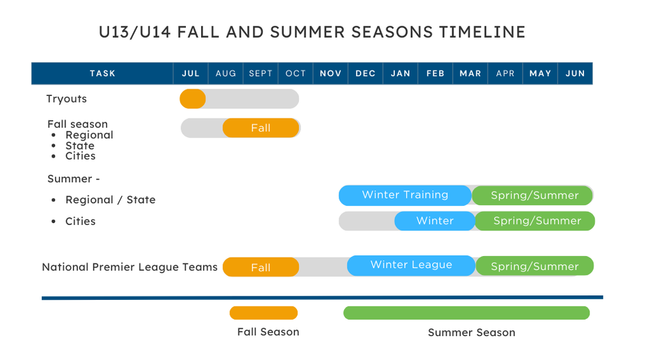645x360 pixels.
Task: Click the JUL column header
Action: pyautogui.click(x=191, y=73)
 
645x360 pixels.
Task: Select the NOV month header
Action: pyautogui.click(x=330, y=73)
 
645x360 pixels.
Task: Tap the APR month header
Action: pyautogui.click(x=505, y=73)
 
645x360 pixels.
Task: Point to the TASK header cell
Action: pyautogui.click(x=103, y=73)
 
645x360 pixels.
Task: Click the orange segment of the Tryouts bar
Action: pyautogui.click(x=193, y=99)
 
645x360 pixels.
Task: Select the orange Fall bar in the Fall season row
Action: pyautogui.click(x=261, y=128)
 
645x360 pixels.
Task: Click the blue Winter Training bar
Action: pyautogui.click(x=405, y=195)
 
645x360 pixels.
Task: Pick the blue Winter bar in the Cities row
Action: pyautogui.click(x=435, y=221)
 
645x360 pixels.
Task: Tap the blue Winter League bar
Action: pyautogui.click(x=411, y=265)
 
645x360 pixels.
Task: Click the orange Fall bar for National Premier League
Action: pyautogui.click(x=261, y=267)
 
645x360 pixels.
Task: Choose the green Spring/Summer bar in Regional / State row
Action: pyautogui.click(x=533, y=195)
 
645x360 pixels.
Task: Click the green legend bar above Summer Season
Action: pyautogui.click(x=466, y=313)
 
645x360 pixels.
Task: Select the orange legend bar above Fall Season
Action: pyautogui.click(x=264, y=313)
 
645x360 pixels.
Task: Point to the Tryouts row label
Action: pyautogui.click(x=67, y=99)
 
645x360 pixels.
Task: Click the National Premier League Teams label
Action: pyautogui.click(x=130, y=267)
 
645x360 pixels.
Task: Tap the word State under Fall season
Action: pyautogui.click(x=80, y=146)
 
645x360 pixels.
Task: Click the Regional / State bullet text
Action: pyautogui.click(x=110, y=200)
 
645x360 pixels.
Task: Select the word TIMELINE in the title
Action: pyautogui.click(x=482, y=32)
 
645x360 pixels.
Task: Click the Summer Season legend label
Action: pyautogui.click(x=472, y=332)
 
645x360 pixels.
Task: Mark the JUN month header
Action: pyautogui.click(x=575, y=73)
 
